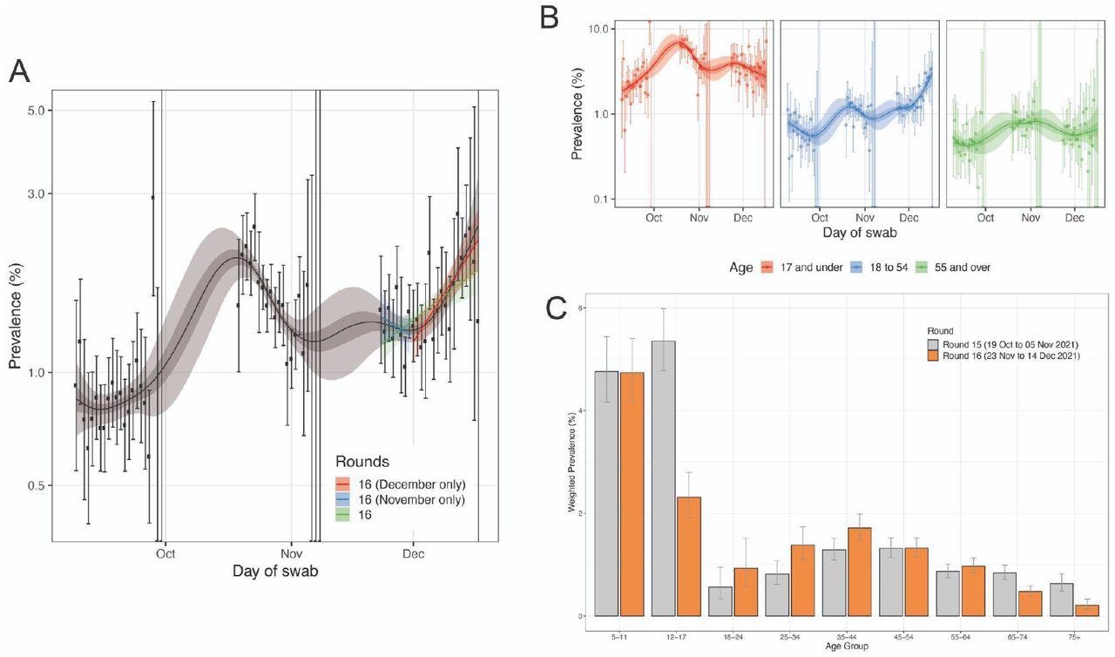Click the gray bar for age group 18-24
coord(721,601)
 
